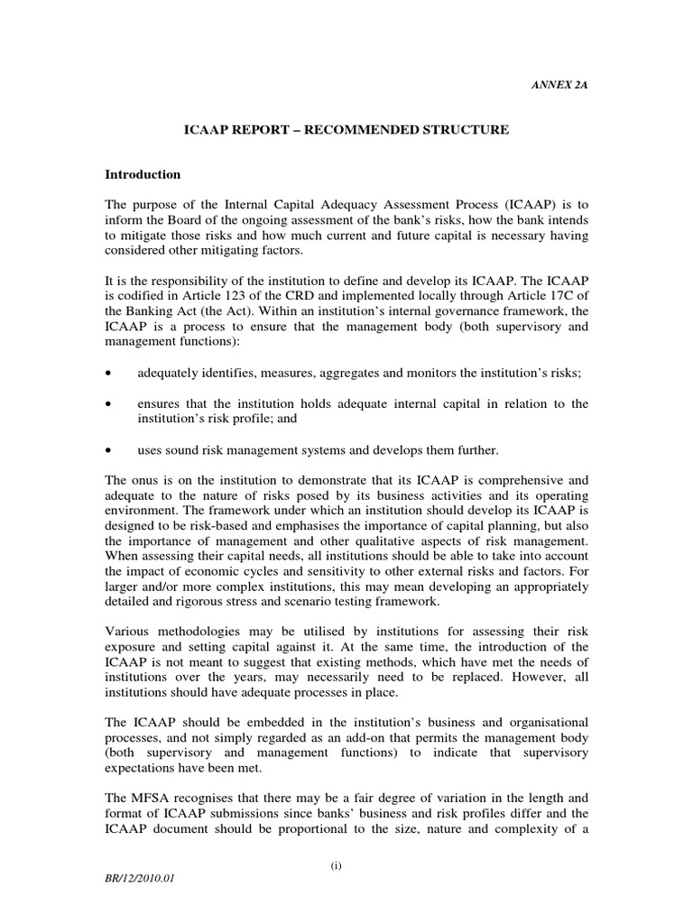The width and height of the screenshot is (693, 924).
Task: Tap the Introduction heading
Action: (143, 174)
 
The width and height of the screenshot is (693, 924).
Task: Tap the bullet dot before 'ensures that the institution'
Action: (108, 404)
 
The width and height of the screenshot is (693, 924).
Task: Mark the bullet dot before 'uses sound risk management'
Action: (108, 449)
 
